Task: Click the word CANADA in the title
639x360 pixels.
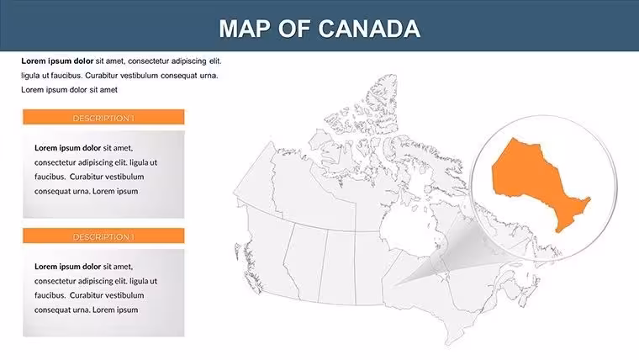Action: pos(368,29)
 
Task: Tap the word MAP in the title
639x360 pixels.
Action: pos(245,29)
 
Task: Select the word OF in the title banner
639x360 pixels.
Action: pos(293,29)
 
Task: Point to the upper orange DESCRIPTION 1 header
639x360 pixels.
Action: pos(103,117)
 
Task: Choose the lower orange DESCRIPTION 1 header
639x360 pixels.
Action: pos(103,236)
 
